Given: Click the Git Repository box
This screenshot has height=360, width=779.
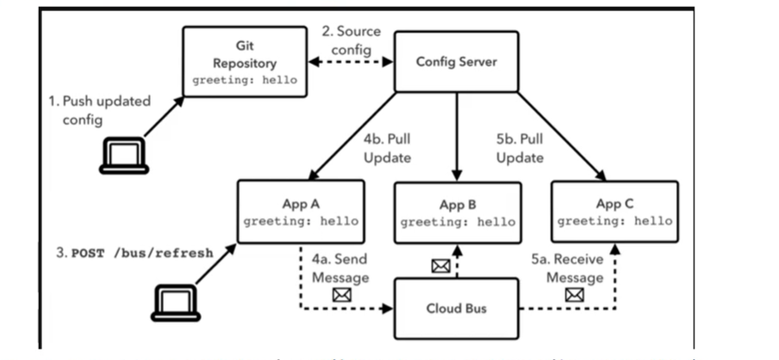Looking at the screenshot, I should point(244,60).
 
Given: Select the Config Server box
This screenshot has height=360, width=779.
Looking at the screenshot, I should point(457,61).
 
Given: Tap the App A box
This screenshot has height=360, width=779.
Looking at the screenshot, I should point(301,212).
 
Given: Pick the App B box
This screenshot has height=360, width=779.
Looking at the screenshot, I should point(457,213).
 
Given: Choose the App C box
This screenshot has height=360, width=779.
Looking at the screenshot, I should point(614,212).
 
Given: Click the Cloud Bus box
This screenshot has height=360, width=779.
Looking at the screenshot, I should point(457,308).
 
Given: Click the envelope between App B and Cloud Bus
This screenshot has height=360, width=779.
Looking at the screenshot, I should point(440,266).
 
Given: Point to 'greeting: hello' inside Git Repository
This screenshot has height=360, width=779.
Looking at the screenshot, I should point(244,79).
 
